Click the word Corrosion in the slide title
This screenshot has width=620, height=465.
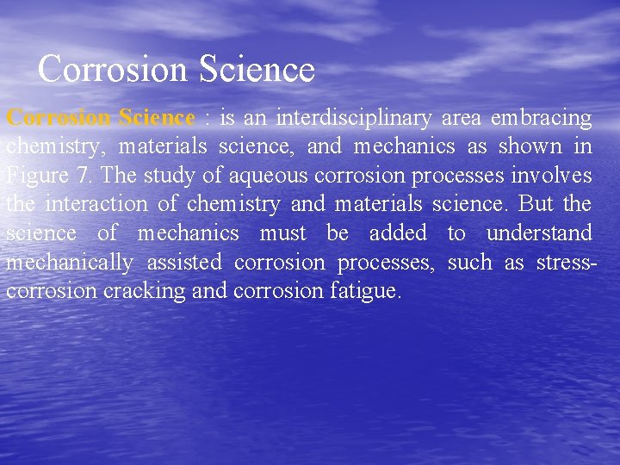(x=113, y=69)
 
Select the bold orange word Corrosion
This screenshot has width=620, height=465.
(x=59, y=117)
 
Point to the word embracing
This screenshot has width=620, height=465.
(x=541, y=117)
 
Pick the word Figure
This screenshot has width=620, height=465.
(x=35, y=176)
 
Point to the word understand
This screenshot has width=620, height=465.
(x=539, y=233)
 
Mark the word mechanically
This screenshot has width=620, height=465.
(x=69, y=263)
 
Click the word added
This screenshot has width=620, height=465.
(x=397, y=233)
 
